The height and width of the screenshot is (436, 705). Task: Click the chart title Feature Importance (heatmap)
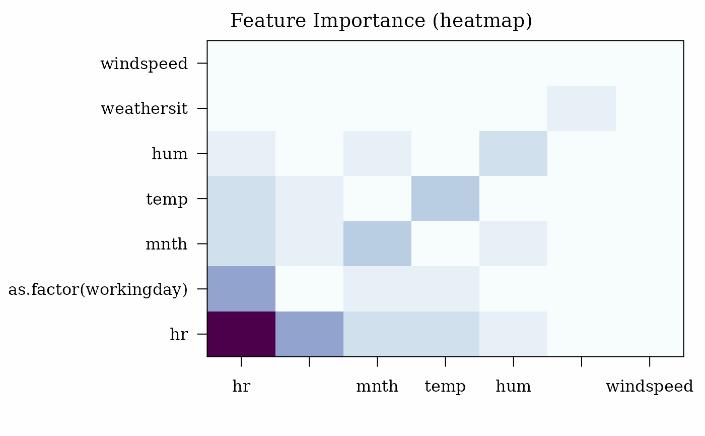pyautogui.click(x=381, y=21)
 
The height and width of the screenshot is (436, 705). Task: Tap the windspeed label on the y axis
pyautogui.click(x=144, y=64)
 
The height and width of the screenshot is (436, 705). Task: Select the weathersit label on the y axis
pyautogui.click(x=144, y=109)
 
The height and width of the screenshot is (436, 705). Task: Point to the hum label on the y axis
pyautogui.click(x=170, y=154)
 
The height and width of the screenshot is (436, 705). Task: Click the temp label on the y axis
pyautogui.click(x=167, y=200)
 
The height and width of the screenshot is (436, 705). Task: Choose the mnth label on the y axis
pyautogui.click(x=167, y=244)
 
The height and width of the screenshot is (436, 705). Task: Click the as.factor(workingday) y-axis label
pyautogui.click(x=98, y=289)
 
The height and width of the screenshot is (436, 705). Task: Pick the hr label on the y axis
pyautogui.click(x=179, y=334)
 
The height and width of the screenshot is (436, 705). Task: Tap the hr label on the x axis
pyautogui.click(x=241, y=386)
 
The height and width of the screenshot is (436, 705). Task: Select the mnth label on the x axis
pyautogui.click(x=377, y=386)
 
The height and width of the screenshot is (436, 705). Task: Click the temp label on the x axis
pyautogui.click(x=445, y=387)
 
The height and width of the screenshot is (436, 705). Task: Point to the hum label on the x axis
pyautogui.click(x=513, y=386)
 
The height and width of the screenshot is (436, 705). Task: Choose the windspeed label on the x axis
pyautogui.click(x=650, y=387)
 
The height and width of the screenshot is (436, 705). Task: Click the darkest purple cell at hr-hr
pyautogui.click(x=241, y=334)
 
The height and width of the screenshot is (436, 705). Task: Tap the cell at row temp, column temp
pyautogui.click(x=445, y=199)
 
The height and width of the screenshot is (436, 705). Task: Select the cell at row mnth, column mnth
pyautogui.click(x=377, y=244)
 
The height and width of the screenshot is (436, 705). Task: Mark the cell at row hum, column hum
pyautogui.click(x=513, y=153)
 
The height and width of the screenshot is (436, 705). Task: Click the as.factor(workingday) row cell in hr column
pyautogui.click(x=241, y=289)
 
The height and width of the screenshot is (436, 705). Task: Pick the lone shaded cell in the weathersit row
pyautogui.click(x=582, y=108)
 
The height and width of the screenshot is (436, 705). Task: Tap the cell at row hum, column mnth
pyautogui.click(x=377, y=153)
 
